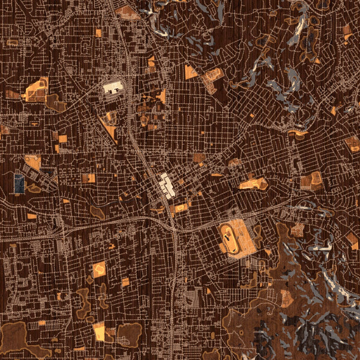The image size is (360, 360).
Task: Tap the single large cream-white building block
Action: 113,88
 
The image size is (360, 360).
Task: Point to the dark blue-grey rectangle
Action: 19,184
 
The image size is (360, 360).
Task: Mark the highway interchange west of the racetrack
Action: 171,225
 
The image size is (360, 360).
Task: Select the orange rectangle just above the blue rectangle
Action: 33,162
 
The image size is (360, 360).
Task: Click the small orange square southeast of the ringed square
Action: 125,281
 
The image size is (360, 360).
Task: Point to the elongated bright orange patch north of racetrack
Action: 253,184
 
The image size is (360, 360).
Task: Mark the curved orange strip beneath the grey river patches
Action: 298,132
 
